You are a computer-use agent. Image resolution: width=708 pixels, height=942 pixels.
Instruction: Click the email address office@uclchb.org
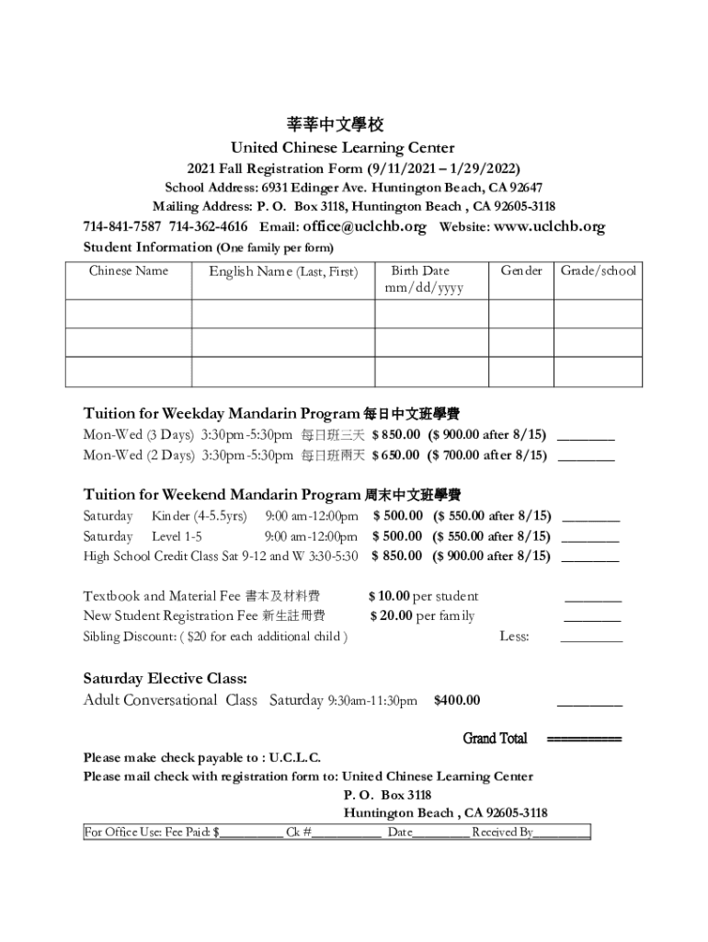[359, 226]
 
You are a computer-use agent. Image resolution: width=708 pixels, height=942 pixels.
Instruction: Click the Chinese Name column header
[129, 270]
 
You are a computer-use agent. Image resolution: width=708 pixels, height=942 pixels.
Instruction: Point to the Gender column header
[520, 270]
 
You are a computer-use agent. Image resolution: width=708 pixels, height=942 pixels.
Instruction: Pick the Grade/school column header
[598, 270]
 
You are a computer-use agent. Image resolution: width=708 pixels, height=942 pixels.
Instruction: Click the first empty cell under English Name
[282, 314]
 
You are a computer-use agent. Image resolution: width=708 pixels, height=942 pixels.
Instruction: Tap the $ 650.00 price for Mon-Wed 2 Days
[396, 454]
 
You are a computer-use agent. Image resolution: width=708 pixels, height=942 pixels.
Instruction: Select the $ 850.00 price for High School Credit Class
[396, 556]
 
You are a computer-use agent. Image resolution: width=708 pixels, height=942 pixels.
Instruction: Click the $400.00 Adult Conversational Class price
[456, 701]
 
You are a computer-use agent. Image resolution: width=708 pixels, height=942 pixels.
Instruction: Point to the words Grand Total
[495, 739]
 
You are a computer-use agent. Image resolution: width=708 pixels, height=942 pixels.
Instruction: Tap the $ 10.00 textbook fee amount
[390, 596]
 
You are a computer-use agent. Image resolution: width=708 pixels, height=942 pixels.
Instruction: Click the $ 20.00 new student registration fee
[391, 615]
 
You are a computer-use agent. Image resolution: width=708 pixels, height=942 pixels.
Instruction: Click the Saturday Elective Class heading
[165, 679]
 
